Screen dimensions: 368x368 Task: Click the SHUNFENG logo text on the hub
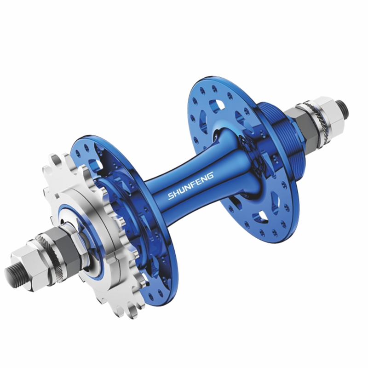tap(190, 186)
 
